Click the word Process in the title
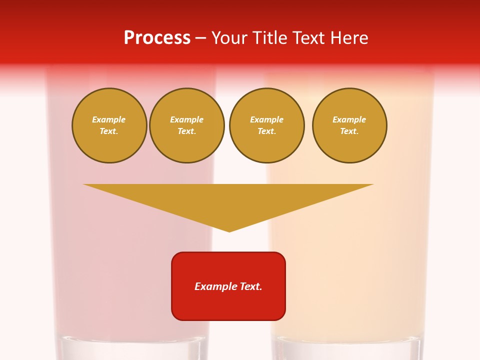tap(157, 38)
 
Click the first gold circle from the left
tap(109, 125)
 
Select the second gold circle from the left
tap(187, 125)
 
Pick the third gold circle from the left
tap(267, 125)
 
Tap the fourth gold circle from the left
tap(349, 125)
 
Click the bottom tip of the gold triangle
tap(229, 230)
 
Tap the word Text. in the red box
tap(250, 286)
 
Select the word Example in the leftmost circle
tap(109, 119)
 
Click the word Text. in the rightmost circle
tap(349, 131)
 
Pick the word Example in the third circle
tap(267, 119)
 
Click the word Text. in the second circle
tap(187, 131)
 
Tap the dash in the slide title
tap(201, 38)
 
